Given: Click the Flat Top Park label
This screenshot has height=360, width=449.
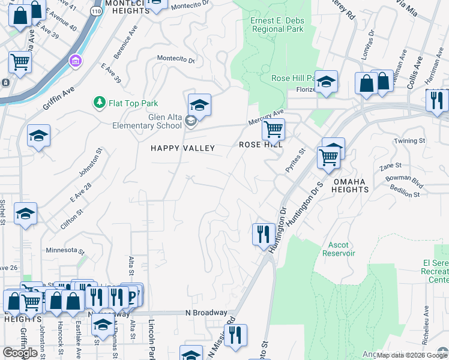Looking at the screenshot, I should point(133,103).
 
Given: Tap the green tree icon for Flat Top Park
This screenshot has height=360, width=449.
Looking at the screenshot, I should point(99,103).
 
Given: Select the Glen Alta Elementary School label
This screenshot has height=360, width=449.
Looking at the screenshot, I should point(148,121).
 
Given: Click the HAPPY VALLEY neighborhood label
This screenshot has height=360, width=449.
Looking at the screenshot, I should point(182,148).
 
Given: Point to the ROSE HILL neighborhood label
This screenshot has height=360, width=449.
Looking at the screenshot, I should point(261,145).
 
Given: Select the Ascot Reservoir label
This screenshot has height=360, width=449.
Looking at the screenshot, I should point(342,249).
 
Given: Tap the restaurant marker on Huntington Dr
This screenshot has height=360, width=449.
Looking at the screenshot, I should point(263,233).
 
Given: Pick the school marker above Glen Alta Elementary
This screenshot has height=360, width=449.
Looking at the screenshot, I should point(199,105).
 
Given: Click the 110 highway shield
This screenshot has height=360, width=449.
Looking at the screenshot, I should point(95,11).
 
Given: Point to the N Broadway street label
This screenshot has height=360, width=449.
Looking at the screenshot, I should point(206,313).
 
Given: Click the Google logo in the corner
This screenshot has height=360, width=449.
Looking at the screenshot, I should point(20,353).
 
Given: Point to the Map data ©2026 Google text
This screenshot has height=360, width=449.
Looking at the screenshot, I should point(412,355).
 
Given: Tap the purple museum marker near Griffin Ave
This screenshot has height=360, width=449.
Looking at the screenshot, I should point(75,61).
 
